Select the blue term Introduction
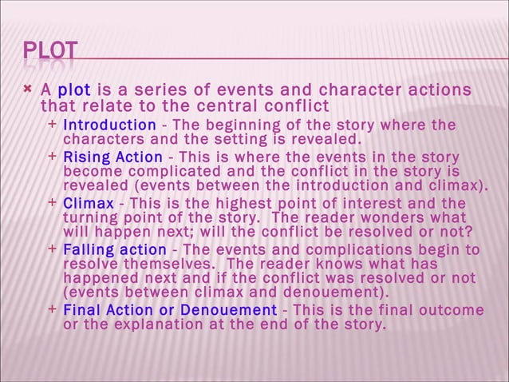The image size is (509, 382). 109,125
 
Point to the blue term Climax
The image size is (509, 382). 88,203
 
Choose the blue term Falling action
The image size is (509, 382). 114,249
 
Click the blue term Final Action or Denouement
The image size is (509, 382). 170,310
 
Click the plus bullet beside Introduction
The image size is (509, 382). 53,125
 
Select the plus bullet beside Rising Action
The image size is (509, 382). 53,157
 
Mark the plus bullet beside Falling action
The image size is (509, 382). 53,249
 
